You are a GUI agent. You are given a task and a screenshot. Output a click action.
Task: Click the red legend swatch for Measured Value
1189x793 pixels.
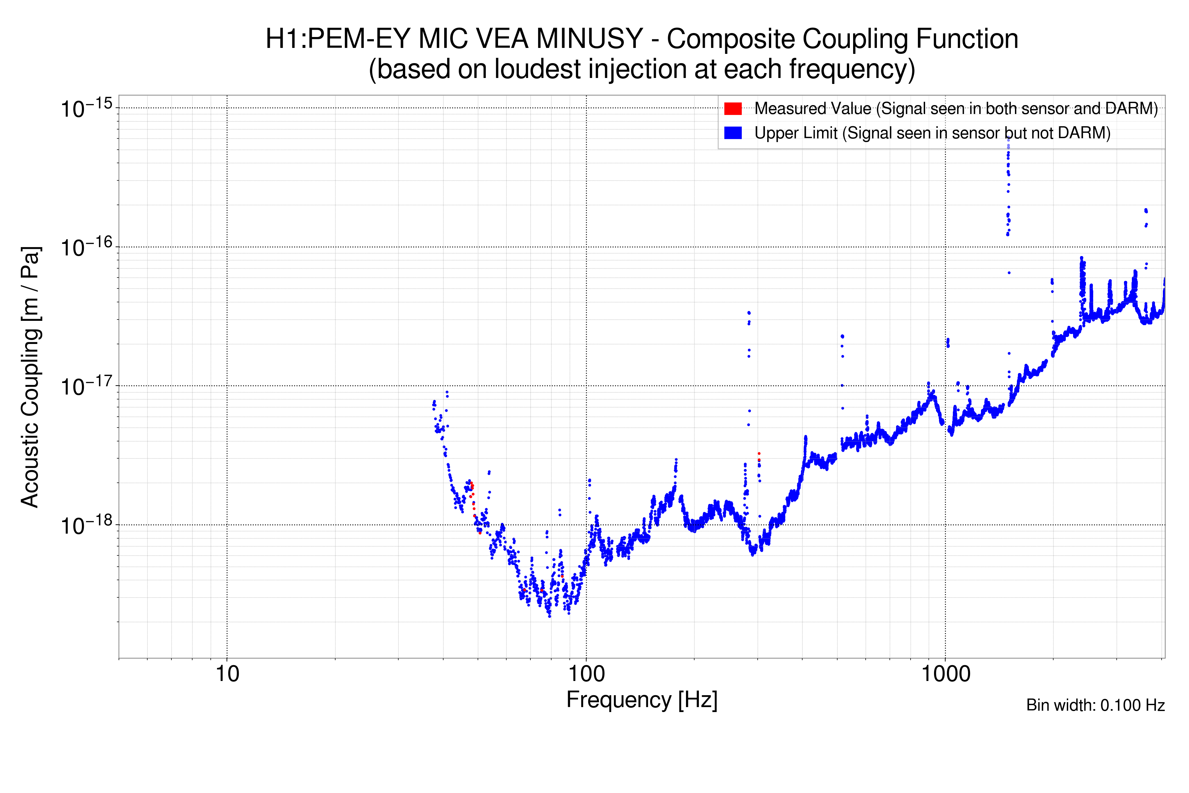733,109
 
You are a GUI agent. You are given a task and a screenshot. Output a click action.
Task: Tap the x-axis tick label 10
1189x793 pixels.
227,674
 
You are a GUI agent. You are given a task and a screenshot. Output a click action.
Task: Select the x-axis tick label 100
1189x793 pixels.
586,674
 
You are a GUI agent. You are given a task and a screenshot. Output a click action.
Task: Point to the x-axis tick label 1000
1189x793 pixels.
945,674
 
